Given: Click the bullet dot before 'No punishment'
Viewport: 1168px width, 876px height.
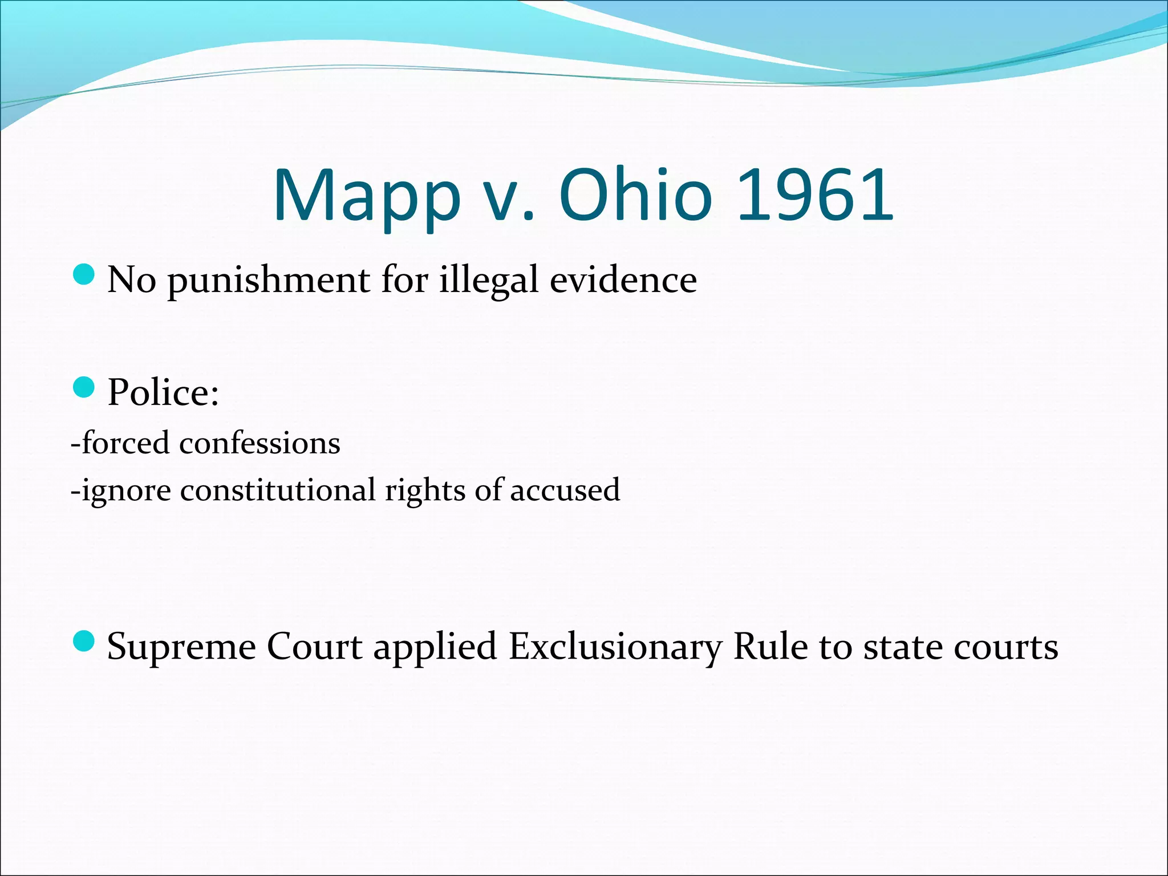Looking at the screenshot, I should pos(84,275).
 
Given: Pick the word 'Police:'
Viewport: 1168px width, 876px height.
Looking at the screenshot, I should pos(163,392).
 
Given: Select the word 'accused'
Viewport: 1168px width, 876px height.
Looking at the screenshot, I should pos(565,490).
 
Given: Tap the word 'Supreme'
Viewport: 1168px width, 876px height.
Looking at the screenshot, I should pos(181,647).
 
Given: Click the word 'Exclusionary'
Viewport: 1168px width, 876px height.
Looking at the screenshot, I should pos(615,647).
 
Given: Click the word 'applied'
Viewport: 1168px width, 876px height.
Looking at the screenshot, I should pos(435,647).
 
